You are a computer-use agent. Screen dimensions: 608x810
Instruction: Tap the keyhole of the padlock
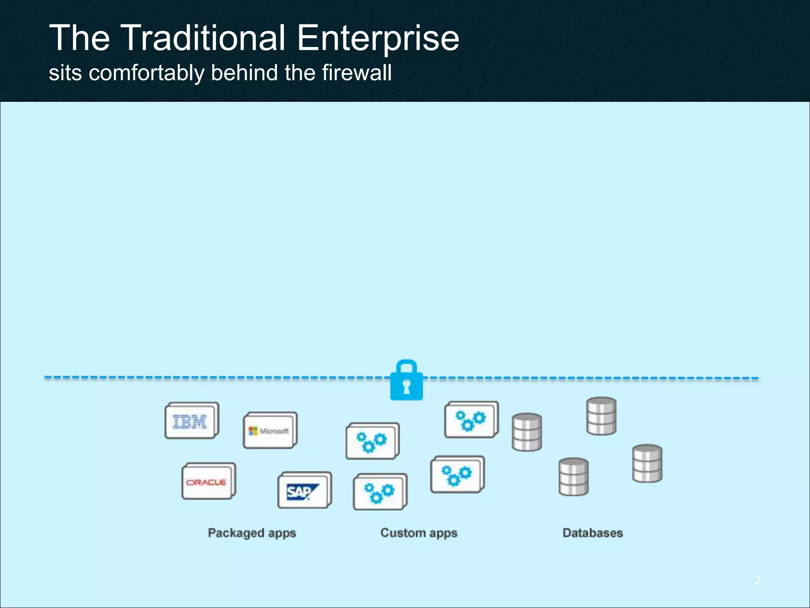point(406,386)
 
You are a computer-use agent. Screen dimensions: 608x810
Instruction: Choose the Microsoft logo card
point(270,431)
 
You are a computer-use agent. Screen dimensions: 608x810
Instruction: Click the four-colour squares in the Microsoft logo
point(253,431)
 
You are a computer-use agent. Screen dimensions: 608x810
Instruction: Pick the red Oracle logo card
point(208,481)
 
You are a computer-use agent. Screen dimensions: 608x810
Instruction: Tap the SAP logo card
point(304,491)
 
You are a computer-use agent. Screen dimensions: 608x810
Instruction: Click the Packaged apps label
point(252,533)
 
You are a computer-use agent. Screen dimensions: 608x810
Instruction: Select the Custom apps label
point(419,533)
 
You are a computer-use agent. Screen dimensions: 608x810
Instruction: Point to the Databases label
point(592,533)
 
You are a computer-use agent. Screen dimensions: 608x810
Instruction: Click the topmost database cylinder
point(601,416)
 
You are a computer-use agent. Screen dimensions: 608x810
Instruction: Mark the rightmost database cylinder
point(647,463)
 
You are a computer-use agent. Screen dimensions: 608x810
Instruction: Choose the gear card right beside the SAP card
point(380,492)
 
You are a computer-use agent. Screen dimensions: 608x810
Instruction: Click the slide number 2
point(757,580)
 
